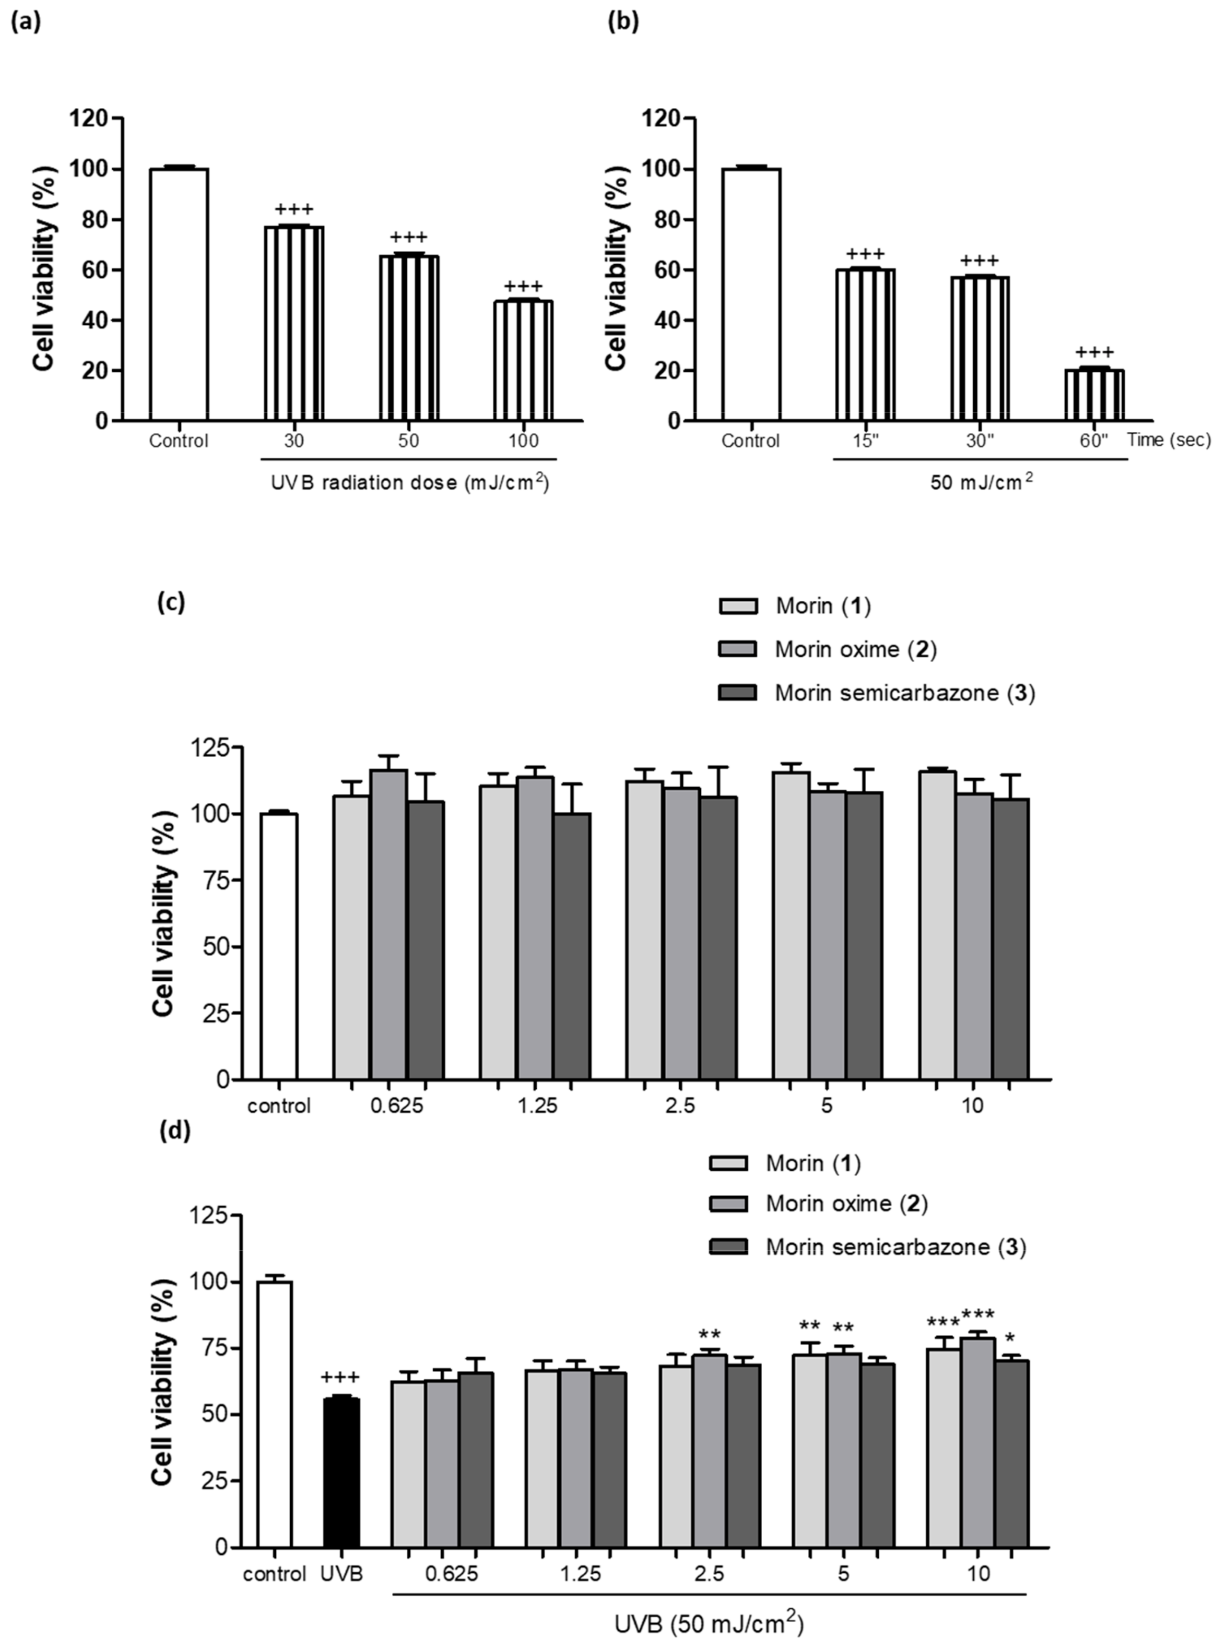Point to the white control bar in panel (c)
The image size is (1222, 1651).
[280, 946]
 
